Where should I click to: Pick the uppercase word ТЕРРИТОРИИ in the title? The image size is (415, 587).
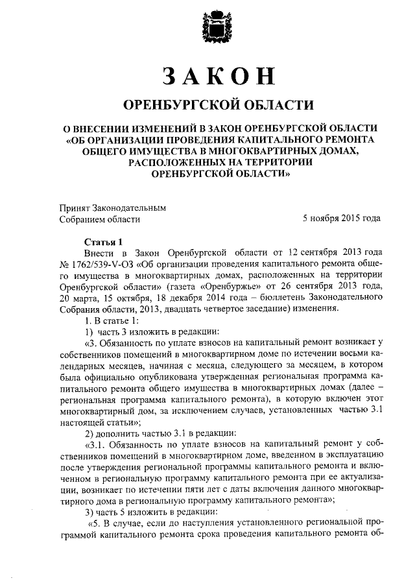tap(278, 162)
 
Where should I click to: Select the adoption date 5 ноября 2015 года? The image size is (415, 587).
tap(341, 219)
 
